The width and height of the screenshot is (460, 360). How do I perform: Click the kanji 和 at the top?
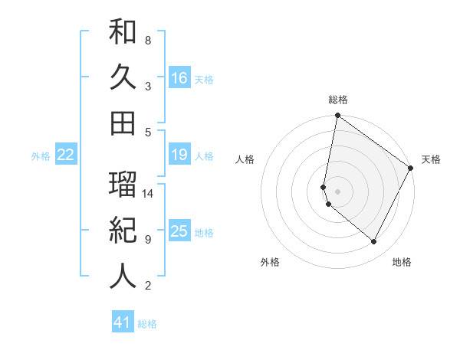(x=123, y=31)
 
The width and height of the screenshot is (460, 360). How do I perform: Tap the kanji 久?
(x=123, y=77)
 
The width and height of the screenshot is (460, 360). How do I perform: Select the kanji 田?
(x=123, y=123)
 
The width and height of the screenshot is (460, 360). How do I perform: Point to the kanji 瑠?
(x=123, y=184)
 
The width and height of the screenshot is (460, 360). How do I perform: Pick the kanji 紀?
(x=123, y=231)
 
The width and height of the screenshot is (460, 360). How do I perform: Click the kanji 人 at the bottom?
(x=123, y=277)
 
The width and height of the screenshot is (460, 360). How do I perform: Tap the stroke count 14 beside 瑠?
(x=149, y=194)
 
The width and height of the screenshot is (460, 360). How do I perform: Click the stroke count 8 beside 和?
(x=148, y=40)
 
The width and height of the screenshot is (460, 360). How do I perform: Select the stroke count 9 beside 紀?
(x=148, y=240)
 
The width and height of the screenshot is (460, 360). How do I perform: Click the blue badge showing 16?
(x=179, y=77)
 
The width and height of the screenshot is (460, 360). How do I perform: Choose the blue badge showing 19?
(x=179, y=155)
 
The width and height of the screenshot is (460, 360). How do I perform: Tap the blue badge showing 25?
(x=179, y=231)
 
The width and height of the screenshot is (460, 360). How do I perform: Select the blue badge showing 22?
(x=66, y=155)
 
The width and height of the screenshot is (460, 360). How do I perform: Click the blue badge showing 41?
(x=123, y=322)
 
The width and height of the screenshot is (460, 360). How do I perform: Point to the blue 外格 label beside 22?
(x=41, y=156)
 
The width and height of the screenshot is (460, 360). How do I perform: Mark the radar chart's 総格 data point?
(x=337, y=116)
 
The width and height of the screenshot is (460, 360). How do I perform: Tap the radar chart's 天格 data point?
(x=411, y=169)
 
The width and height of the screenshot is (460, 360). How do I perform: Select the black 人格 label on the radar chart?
(x=245, y=159)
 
